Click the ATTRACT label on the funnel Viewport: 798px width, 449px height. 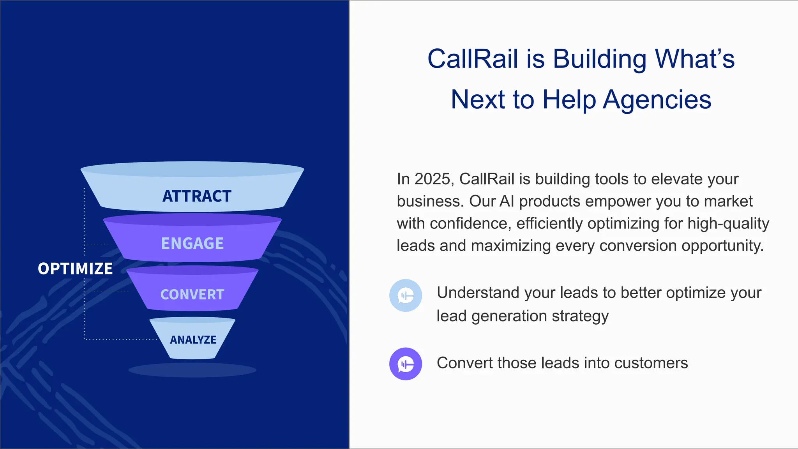point(197,196)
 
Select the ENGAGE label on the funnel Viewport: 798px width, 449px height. point(192,244)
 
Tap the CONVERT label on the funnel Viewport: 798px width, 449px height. point(192,295)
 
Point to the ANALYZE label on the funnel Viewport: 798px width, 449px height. point(193,340)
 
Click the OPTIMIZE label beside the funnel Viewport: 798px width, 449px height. point(75,269)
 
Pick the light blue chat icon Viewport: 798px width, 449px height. point(406,295)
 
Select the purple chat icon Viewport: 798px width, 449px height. point(406,364)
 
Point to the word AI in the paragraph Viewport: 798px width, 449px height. point(507,202)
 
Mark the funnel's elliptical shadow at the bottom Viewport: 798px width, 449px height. point(192,370)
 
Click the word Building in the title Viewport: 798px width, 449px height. point(600,59)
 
